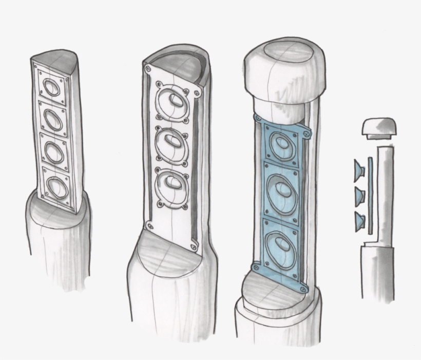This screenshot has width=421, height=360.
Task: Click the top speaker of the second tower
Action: (172, 103)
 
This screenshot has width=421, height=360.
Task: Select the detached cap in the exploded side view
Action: (379, 128)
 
